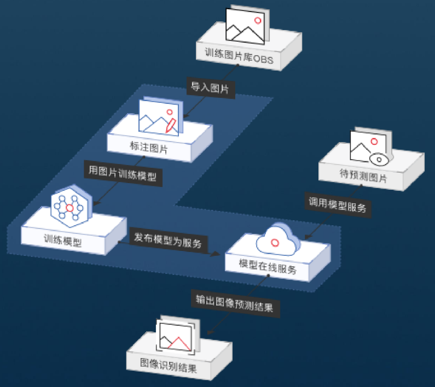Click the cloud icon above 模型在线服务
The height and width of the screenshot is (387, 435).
coord(277,239)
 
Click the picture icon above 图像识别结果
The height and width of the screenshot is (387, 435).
coord(175,336)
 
